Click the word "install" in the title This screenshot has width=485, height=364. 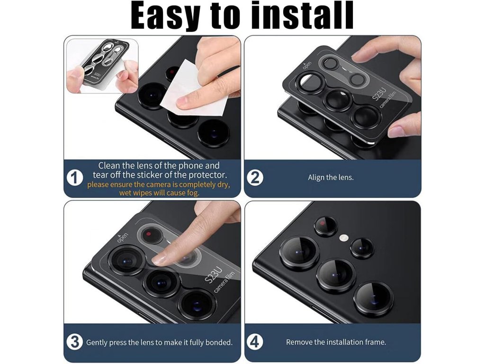click(302, 15)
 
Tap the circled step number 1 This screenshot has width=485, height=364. click(74, 178)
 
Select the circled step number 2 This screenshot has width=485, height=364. click(255, 178)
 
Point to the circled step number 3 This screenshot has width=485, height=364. click(74, 342)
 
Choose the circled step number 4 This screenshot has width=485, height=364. click(255, 342)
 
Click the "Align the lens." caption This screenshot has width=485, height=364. click(331, 178)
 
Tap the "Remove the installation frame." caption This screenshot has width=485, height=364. click(336, 342)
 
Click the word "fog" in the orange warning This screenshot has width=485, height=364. click(192, 193)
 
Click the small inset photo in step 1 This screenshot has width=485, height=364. click(103, 66)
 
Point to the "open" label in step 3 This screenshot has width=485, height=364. click(122, 237)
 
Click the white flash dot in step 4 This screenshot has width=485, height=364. click(344, 238)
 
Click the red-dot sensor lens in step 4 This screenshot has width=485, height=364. click(326, 226)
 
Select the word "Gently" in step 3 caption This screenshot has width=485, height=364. click(97, 343)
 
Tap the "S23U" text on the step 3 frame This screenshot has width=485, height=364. click(214, 275)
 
